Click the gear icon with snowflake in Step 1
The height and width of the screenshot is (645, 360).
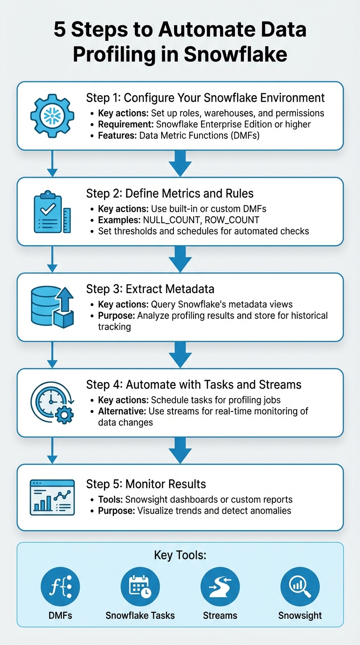(52, 115)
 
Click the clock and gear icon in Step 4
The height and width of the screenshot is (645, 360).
(52, 402)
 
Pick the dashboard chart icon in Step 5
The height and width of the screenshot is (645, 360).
(52, 497)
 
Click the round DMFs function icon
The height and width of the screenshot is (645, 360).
(60, 587)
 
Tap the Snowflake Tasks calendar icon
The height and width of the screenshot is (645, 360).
(140, 587)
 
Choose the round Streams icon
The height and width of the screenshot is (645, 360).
(220, 587)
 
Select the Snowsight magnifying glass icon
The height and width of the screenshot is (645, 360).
(300, 587)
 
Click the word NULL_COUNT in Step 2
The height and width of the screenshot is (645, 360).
(164, 220)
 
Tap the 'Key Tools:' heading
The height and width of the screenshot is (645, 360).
(180, 555)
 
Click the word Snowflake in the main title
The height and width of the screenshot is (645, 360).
(235, 54)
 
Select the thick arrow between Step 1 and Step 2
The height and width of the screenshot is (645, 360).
(180, 163)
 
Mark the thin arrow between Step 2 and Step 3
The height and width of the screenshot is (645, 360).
(52, 259)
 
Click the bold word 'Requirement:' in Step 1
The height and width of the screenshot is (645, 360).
(126, 124)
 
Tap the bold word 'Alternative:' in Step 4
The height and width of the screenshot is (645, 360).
(122, 411)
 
